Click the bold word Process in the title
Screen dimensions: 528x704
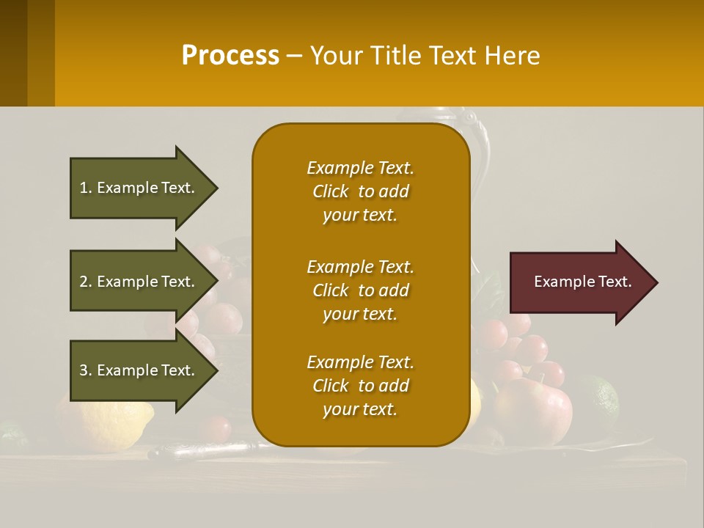point(230,56)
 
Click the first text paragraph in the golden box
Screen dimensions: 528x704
point(360,191)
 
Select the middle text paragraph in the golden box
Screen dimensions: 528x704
point(360,290)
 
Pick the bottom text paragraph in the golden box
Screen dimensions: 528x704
point(360,386)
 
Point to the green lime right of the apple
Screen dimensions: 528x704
point(598,400)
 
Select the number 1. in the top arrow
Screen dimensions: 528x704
point(86,188)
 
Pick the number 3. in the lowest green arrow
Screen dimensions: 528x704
point(86,370)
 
